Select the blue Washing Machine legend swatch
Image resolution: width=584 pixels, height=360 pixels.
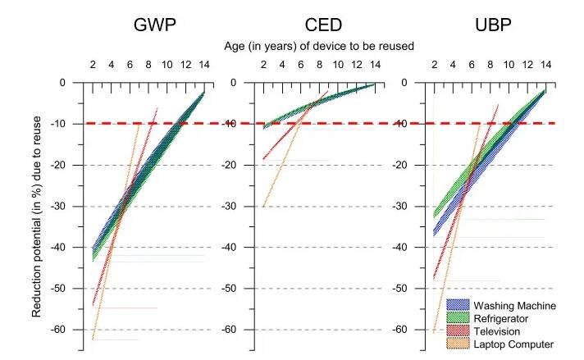tap(459, 305)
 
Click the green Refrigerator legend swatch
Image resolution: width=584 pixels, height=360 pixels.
tap(459, 318)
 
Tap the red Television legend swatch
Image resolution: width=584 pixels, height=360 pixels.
tap(459, 331)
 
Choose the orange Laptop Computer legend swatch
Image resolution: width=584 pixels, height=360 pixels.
tap(459, 344)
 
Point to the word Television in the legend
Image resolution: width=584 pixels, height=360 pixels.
tap(498, 331)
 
